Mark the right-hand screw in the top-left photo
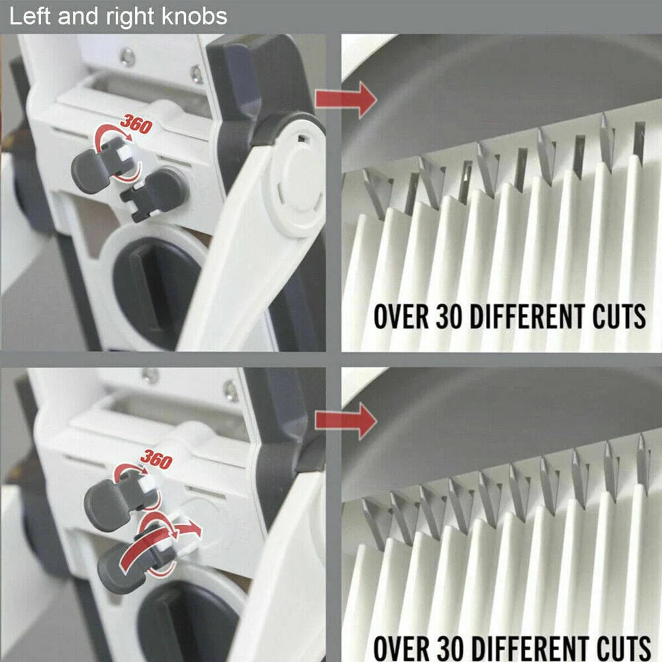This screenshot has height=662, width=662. [x=197, y=73]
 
